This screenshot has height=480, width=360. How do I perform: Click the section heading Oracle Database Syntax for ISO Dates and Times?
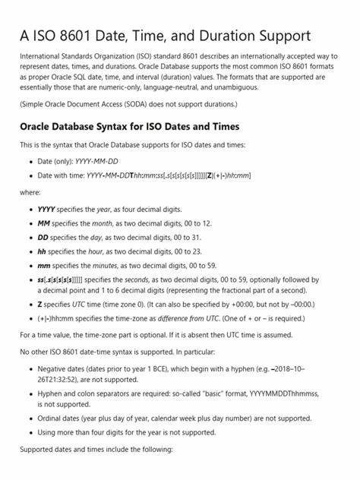pos(129,126)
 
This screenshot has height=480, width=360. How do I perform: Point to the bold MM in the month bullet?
pos(43,223)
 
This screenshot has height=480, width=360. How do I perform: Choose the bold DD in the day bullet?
pos(43,238)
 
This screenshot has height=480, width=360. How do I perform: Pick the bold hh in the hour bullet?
pos(43,251)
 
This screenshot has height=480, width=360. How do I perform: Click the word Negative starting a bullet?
pos(55,369)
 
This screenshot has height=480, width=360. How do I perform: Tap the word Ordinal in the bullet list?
pos(52,418)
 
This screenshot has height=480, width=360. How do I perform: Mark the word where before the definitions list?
pos(30,192)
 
